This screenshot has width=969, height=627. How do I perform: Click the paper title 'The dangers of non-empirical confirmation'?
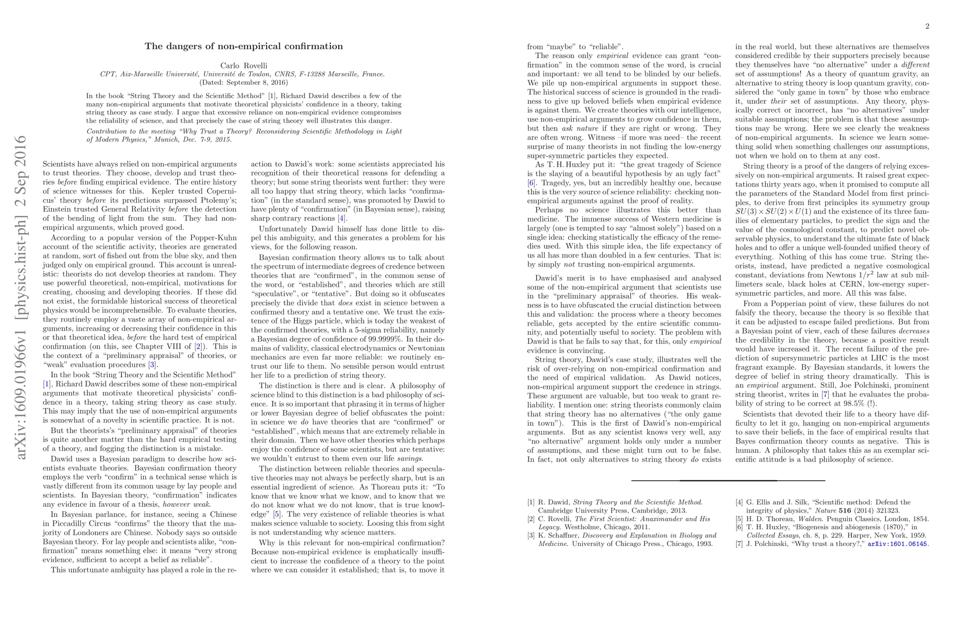click(244, 46)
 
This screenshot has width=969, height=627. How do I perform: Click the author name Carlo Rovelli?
click(244, 65)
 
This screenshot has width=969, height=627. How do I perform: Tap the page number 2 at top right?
click(927, 26)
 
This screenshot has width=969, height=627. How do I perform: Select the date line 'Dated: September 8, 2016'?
click(244, 82)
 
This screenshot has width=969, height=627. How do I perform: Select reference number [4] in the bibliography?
click(739, 502)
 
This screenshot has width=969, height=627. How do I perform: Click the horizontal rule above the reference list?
click(728, 480)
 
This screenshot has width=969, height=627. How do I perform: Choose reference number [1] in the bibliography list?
click(531, 502)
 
